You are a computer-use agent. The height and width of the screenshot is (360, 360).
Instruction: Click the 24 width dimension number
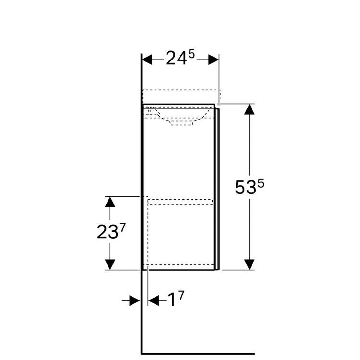[x=176, y=59]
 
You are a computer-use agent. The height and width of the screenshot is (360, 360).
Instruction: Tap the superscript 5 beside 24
[x=191, y=54]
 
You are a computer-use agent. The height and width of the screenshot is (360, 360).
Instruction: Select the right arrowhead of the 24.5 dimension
[x=214, y=60]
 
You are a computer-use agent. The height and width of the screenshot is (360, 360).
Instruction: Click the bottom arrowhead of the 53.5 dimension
[x=249, y=264]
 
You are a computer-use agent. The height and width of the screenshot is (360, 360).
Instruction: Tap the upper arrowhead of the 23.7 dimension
[x=110, y=202]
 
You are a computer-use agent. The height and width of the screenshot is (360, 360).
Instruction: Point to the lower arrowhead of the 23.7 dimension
[x=110, y=264]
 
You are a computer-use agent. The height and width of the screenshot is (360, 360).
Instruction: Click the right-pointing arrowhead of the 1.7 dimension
[x=135, y=300]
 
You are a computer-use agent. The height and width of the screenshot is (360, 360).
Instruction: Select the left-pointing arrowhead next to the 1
[x=154, y=300]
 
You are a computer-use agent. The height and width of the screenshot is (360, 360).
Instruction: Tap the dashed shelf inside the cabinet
[x=180, y=202]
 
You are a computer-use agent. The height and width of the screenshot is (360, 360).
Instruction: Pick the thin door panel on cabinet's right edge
[x=218, y=187]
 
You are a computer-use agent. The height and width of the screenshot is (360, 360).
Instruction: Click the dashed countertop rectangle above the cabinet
[x=180, y=96]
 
